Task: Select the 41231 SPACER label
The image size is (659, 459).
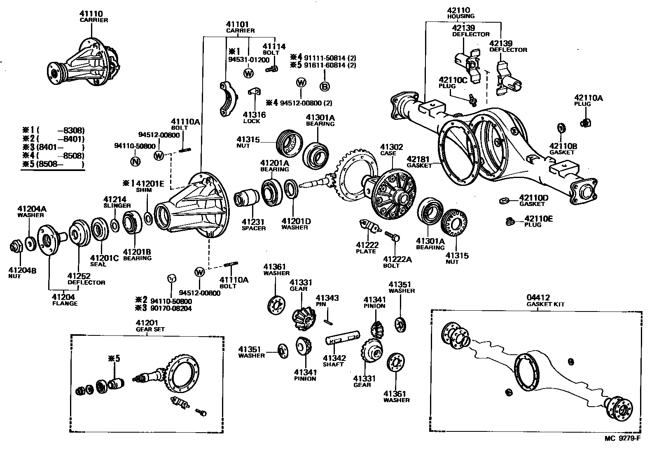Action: (253, 225)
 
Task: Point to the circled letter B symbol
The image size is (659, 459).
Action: (325, 86)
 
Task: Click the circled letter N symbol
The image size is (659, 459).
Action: (135, 161)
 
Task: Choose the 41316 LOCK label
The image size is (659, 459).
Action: (254, 117)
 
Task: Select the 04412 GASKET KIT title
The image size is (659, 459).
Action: (545, 300)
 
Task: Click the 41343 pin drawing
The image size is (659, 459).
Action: (327, 318)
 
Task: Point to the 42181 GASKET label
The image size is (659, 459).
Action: (419, 162)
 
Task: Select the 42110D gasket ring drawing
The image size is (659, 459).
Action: (502, 201)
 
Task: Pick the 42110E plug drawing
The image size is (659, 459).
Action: (510, 221)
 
